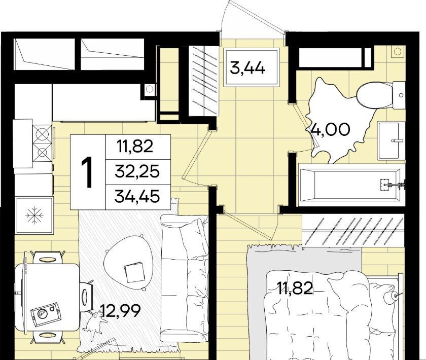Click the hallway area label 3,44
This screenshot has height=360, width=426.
tap(247, 68)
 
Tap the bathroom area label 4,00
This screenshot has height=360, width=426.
tap(330, 129)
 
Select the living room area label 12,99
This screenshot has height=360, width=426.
tap(120, 310)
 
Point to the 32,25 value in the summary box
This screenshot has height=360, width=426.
tap(137, 171)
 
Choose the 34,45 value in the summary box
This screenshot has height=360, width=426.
tap(137, 196)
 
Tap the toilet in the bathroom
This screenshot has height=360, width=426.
tap(381, 95)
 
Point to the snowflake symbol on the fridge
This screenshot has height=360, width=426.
tap(34, 215)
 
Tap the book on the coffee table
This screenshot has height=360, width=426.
tap(135, 272)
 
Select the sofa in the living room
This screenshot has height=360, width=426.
tap(185, 278)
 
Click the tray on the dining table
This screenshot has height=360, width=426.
tap(45, 314)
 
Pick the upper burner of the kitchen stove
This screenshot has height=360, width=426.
tap(42, 134)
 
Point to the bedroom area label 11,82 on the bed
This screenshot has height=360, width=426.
tap(295, 289)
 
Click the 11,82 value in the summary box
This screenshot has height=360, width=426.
tap(135, 146)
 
